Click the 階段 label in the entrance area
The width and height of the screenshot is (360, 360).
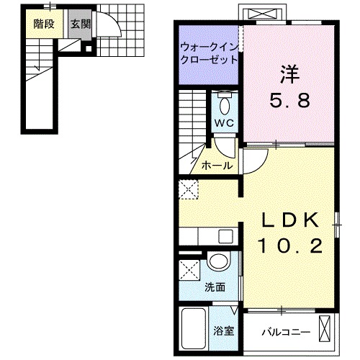pyautogui.click(x=44, y=22)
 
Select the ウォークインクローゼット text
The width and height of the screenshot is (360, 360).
pyautogui.click(x=209, y=53)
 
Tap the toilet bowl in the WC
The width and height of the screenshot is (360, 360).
pyautogui.click(x=224, y=105)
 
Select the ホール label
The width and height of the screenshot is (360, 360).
pyautogui.click(x=216, y=166)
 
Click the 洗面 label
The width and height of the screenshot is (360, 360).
pyautogui.click(x=215, y=287)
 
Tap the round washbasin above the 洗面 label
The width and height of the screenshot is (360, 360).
pyautogui.click(x=218, y=263)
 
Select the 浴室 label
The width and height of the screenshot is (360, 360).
pyautogui.click(x=223, y=331)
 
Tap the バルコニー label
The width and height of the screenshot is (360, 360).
pyautogui.click(x=286, y=333)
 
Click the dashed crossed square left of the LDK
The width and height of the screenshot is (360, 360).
pyautogui.click(x=189, y=190)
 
